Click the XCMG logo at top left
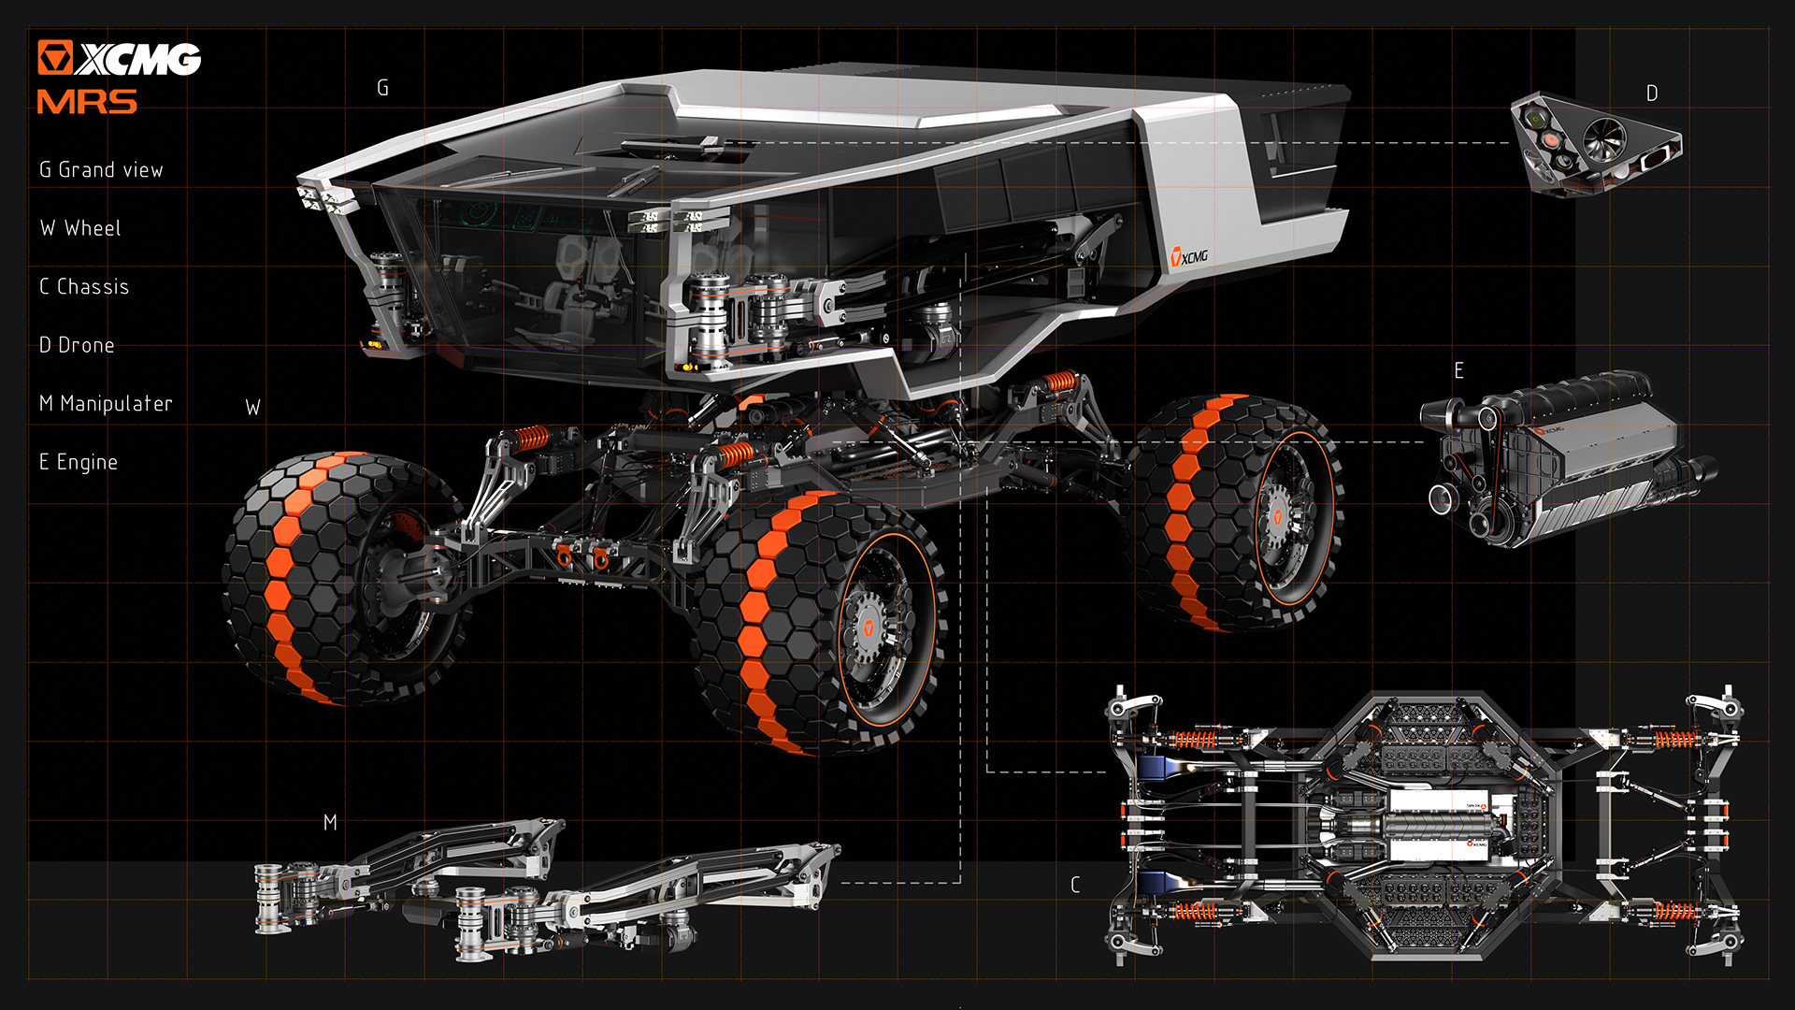[x=119, y=58]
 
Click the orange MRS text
[x=87, y=102]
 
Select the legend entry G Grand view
[x=101, y=170]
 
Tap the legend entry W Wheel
[x=80, y=228]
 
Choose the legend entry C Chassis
[x=84, y=287]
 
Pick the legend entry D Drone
[x=77, y=345]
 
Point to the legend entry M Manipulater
[x=106, y=404]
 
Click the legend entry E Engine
[x=79, y=462]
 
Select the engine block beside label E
[x=1566, y=458]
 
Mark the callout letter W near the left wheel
[x=252, y=408]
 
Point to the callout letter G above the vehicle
[x=382, y=88]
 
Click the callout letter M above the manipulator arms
[x=330, y=823]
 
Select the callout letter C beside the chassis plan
[x=1075, y=885]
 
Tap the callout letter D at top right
[x=1652, y=94]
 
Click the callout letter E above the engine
[x=1458, y=371]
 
